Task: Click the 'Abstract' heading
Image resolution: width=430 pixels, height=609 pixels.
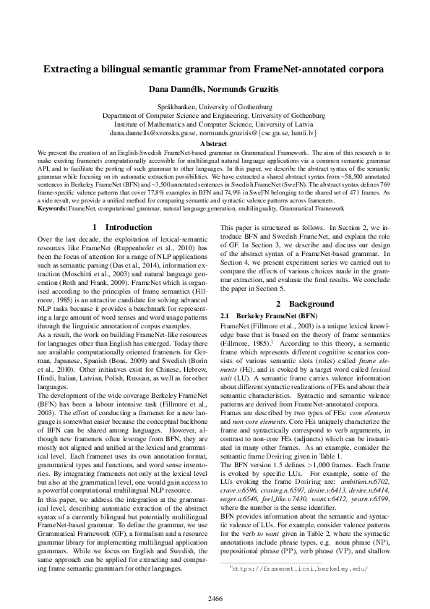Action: [215, 145]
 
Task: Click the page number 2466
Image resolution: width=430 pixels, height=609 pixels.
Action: [215, 597]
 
